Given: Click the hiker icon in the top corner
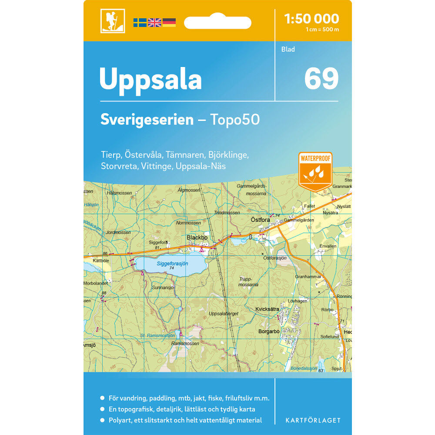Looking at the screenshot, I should [112, 21].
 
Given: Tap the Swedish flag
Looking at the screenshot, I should [140, 22].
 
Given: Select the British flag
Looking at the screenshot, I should [154, 22].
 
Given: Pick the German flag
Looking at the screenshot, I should [169, 22].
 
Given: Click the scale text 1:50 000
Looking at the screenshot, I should [311, 19].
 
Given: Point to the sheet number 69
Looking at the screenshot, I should [321, 79].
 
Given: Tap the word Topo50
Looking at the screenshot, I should [235, 120].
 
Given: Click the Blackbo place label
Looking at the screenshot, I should [197, 238].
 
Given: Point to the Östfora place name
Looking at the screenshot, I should [260, 220].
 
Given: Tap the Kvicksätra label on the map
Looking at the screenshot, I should [267, 309].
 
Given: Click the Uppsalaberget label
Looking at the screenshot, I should [224, 313].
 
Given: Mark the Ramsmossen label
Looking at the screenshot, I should [185, 343].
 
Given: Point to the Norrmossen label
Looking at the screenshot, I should [189, 223].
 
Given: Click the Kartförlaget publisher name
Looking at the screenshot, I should [313, 420].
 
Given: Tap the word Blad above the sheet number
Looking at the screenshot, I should [288, 49].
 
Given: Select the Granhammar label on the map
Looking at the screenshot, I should [308, 276].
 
